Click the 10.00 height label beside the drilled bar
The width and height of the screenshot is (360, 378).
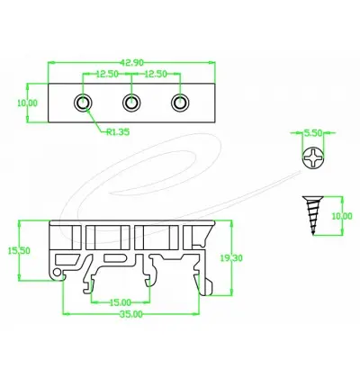[28, 103]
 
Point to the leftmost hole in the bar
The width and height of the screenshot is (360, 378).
[84, 103]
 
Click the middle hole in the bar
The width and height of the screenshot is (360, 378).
[131, 103]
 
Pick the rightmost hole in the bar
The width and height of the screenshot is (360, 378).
[179, 103]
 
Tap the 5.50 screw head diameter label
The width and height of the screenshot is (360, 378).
[313, 133]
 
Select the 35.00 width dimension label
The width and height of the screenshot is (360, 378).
[131, 316]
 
